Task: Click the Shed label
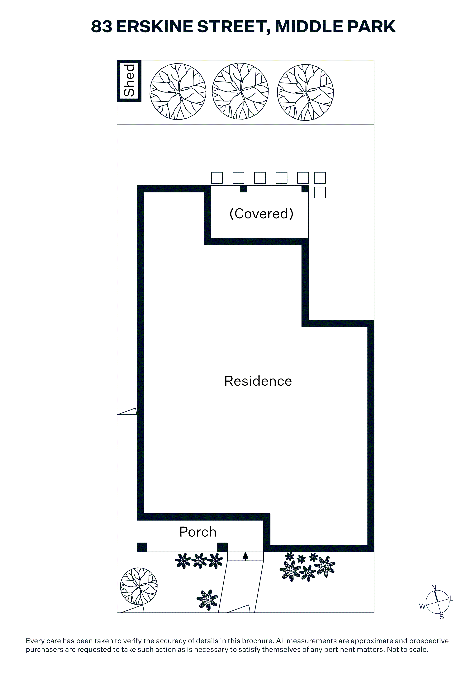click(129, 81)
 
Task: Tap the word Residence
click(258, 381)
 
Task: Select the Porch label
click(198, 532)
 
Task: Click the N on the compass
click(434, 587)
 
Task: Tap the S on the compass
click(442, 617)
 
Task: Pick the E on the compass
click(451, 598)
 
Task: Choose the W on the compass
click(422, 606)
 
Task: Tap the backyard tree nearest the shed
click(178, 92)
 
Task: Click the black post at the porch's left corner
click(142, 547)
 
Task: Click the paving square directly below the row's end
click(320, 193)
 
